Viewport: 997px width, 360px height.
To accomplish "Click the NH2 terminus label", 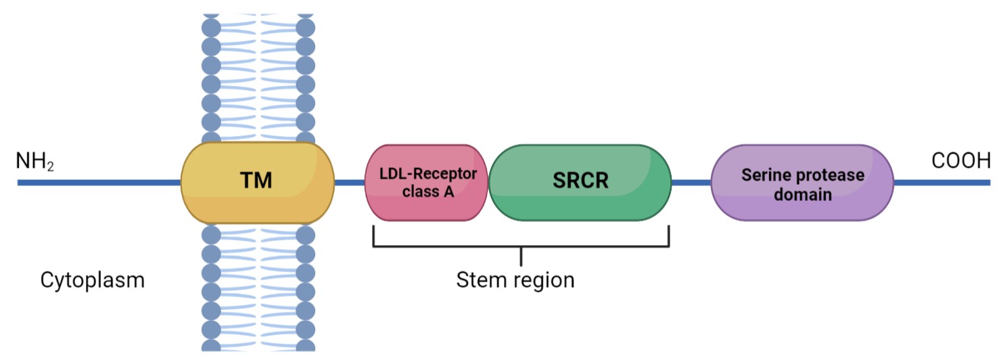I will (34, 162).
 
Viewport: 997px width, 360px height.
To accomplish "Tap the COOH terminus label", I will (960, 162).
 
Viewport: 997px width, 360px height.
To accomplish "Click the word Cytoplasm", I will (93, 280).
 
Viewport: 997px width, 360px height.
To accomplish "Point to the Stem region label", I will (515, 279).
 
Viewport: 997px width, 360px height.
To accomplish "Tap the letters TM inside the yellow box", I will (256, 181).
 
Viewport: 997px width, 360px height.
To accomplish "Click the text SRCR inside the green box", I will (580, 181).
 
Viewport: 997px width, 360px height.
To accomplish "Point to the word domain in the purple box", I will (803, 194).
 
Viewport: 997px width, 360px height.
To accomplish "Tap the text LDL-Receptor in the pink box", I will (427, 174).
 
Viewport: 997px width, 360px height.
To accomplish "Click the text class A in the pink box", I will (427, 192).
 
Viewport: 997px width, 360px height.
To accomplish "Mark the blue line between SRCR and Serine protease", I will (691, 182).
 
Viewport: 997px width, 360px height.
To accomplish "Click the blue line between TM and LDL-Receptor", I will (350, 182).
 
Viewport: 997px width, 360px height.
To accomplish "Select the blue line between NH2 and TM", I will (99, 183).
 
